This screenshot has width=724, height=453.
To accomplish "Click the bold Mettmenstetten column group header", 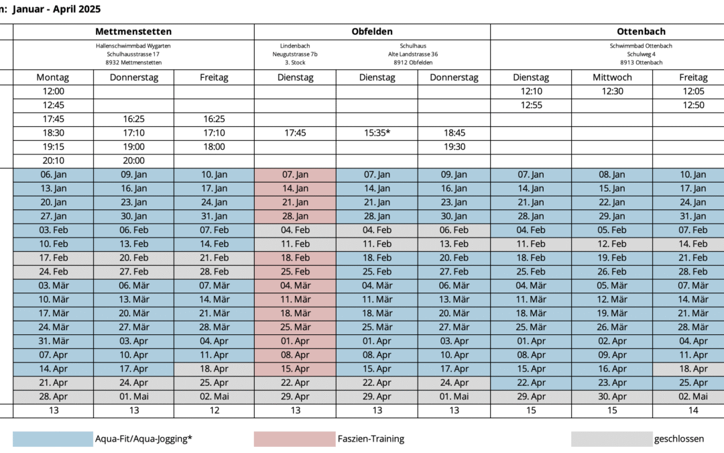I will (133, 32).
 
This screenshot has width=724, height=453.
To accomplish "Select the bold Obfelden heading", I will (372, 32).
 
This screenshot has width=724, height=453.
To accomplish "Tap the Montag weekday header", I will (53, 77).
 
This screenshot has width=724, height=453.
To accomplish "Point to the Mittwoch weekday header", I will (612, 77).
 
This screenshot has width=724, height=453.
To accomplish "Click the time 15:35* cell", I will (377, 133).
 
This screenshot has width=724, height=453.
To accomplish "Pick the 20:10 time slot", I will (53, 160).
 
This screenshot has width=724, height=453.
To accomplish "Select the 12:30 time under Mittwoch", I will (612, 91).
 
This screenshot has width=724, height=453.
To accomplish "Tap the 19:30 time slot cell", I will (455, 147).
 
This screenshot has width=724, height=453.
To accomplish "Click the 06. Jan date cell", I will (53, 174).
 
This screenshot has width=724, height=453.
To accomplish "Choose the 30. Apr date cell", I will (612, 397).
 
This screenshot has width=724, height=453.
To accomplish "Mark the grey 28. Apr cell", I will (53, 397).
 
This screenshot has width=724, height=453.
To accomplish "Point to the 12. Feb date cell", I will (612, 244).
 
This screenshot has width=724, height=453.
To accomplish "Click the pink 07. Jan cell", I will (295, 174).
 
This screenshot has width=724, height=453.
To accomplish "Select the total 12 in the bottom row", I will (214, 411).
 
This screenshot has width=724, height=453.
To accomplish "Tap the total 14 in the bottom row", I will (693, 411).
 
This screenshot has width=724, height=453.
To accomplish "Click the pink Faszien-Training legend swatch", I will (294, 439).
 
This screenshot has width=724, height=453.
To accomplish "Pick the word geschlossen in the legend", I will (679, 439).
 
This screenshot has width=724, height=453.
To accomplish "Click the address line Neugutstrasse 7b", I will (295, 54).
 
